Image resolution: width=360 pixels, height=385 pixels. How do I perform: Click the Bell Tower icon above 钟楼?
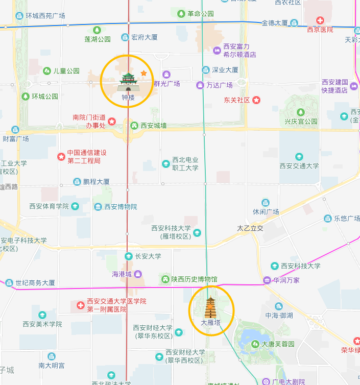pyautogui.click(x=128, y=80)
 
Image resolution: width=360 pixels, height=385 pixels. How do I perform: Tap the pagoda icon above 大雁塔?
pyautogui.click(x=211, y=307)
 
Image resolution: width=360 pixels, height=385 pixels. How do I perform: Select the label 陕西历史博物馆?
pyautogui.click(x=194, y=279)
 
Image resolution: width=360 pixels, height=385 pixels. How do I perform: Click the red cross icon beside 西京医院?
pyautogui.click(x=320, y=20)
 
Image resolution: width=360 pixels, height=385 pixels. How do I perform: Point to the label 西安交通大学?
pyautogui.click(x=299, y=166)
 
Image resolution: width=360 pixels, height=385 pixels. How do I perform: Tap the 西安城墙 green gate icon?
pyautogui.click(x=135, y=125)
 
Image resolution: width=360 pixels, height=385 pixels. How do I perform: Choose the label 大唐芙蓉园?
pyautogui.click(x=278, y=344)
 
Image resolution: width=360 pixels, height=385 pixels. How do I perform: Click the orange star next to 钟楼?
pyautogui.click(x=143, y=74)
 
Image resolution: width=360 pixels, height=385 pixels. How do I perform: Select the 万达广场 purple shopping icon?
pyautogui.click(x=200, y=85)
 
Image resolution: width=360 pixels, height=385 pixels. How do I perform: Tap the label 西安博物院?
pyautogui.click(x=121, y=207)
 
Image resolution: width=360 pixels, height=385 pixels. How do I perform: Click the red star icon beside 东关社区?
pyautogui.click(x=256, y=100)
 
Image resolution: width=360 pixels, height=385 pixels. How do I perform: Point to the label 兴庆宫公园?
pyautogui.click(x=301, y=122)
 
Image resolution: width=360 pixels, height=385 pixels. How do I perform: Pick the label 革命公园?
pyautogui.click(x=200, y=14)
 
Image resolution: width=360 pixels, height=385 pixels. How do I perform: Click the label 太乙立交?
pyautogui.click(x=250, y=228)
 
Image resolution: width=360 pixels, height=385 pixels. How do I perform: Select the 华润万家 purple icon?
pyautogui.click(x=267, y=280)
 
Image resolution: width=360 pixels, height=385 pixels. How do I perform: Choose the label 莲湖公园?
pyautogui.click(x=98, y=39)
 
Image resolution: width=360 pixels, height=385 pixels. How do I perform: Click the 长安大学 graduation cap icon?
pyautogui.click(x=129, y=256)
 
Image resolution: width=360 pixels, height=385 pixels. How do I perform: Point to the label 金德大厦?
pyautogui.click(x=275, y=23)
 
